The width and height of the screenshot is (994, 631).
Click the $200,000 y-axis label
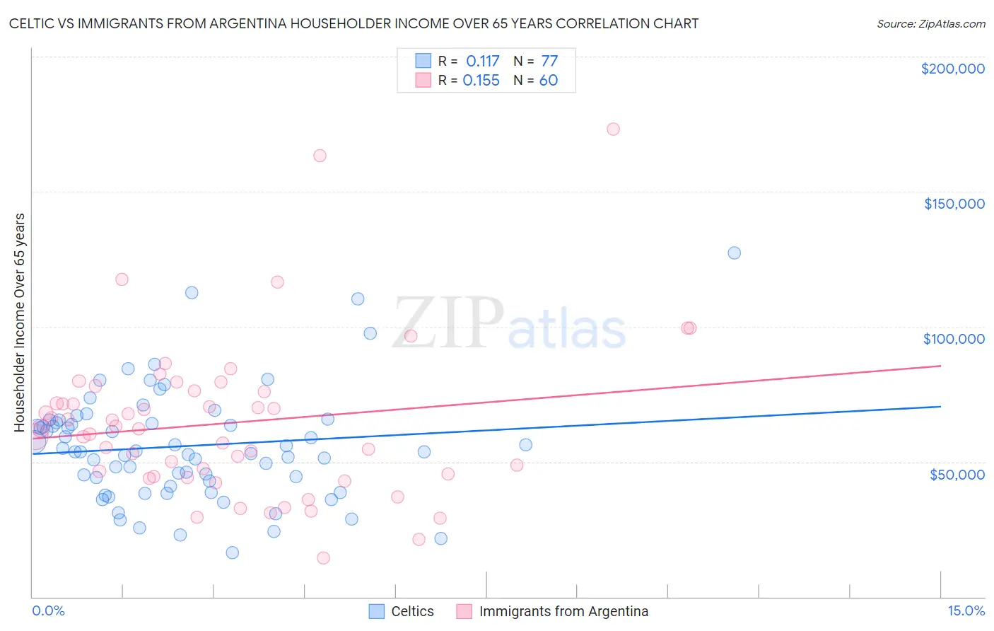pos(952,69)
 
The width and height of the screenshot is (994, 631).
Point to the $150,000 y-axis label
pos(954,204)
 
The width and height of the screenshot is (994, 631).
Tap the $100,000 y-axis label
pos(954,339)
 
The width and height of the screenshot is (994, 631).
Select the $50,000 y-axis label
pos(957,474)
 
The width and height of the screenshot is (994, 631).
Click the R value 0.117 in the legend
pos(483,62)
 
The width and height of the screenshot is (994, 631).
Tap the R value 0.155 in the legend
pos(481,81)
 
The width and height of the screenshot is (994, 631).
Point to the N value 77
pos(549,62)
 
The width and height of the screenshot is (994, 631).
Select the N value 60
pos(549,81)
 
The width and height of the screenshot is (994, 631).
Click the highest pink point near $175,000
pos(613,129)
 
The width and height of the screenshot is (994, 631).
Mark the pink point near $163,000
pos(320,156)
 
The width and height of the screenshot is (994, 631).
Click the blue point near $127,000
pos(734,253)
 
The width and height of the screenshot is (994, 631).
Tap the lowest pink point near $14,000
pos(323,558)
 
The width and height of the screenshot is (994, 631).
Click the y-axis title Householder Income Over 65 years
pos(20,322)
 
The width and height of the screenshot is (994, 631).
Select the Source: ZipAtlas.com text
pos(930,24)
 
